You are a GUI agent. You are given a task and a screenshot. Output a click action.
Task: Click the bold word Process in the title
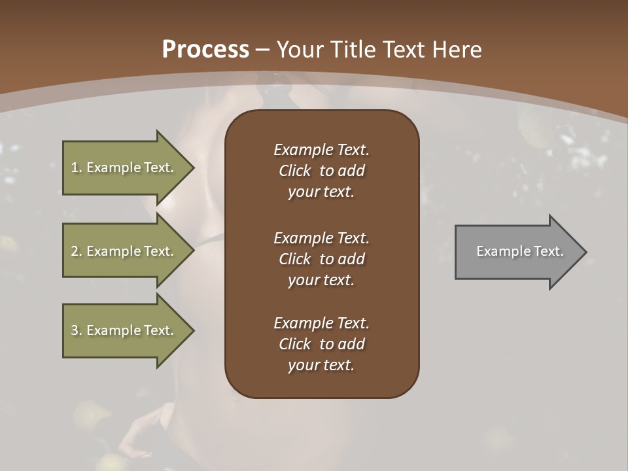(x=205, y=49)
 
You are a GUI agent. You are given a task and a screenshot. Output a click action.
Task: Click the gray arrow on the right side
(x=517, y=251)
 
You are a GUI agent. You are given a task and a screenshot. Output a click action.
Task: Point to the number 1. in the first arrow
(x=77, y=167)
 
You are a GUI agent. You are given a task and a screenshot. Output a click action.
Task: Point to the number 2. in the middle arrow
(x=77, y=251)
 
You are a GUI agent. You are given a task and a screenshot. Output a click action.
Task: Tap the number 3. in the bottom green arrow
(x=77, y=330)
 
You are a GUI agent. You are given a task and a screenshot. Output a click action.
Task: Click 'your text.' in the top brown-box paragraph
(x=321, y=192)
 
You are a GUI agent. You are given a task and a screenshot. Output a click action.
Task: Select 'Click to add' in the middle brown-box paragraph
(x=321, y=259)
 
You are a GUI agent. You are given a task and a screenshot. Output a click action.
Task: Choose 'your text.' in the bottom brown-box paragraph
(x=321, y=365)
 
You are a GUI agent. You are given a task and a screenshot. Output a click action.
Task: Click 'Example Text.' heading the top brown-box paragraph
(x=321, y=150)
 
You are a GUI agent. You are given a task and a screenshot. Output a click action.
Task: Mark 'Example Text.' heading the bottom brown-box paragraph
(x=321, y=323)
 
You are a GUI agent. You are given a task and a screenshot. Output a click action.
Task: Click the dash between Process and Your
(x=263, y=50)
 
